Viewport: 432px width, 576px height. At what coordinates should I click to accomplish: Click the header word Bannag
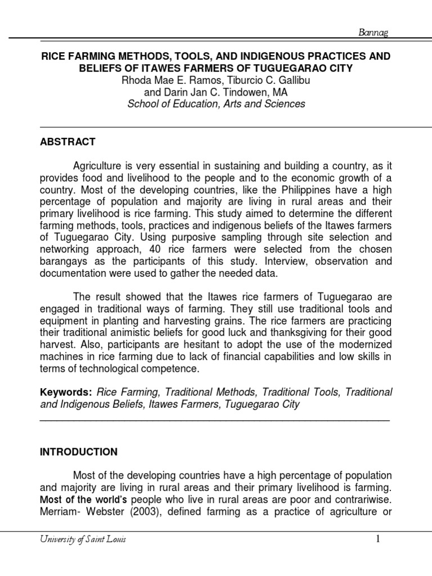tap(373, 33)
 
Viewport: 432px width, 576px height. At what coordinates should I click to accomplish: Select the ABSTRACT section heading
tap(67, 142)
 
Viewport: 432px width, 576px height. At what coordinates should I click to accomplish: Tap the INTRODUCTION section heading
tap(79, 452)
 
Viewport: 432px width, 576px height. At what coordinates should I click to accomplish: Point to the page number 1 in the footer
tap(379, 539)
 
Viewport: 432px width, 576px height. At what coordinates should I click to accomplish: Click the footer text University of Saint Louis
tap(83, 540)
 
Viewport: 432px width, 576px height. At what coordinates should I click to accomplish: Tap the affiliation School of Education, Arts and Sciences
tap(216, 104)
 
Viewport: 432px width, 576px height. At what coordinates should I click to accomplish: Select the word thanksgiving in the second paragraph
tap(298, 332)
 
